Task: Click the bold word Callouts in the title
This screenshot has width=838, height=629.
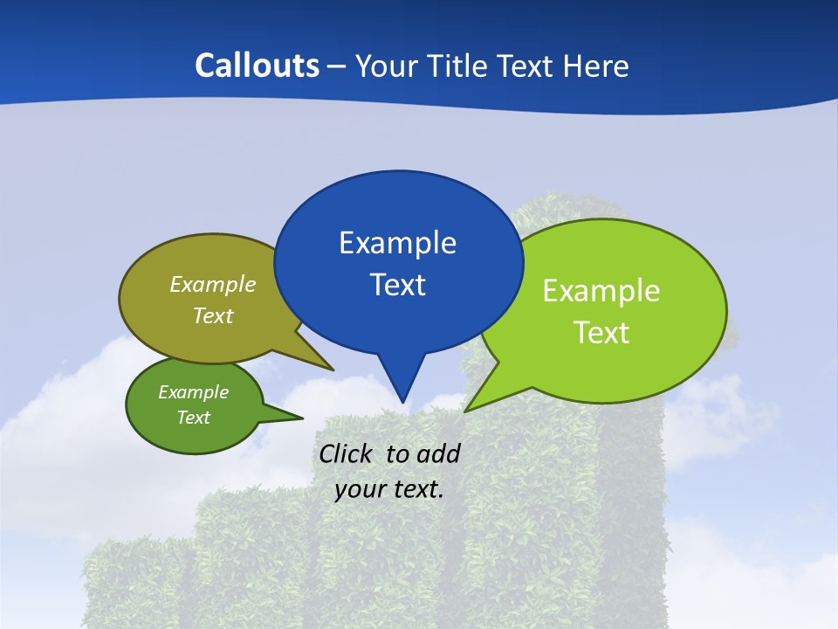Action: point(257,66)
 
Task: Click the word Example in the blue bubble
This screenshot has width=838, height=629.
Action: point(397,243)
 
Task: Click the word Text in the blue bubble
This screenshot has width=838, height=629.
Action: point(397,285)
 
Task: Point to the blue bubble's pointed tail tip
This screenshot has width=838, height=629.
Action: point(402,403)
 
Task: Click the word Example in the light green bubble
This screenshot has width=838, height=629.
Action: point(601,291)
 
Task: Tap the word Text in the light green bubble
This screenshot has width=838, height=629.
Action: point(601,333)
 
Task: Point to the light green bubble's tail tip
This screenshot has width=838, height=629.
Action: point(465,411)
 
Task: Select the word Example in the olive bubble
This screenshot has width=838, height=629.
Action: point(213,285)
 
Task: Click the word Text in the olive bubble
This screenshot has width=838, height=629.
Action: point(213,316)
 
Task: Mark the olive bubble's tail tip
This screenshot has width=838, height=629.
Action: point(333,370)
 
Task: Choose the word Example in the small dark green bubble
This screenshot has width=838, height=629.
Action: point(194,392)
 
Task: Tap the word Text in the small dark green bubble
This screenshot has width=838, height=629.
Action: point(194,418)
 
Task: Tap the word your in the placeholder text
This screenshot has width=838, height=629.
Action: point(360,489)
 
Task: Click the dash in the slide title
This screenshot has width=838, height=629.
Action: point(338,66)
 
